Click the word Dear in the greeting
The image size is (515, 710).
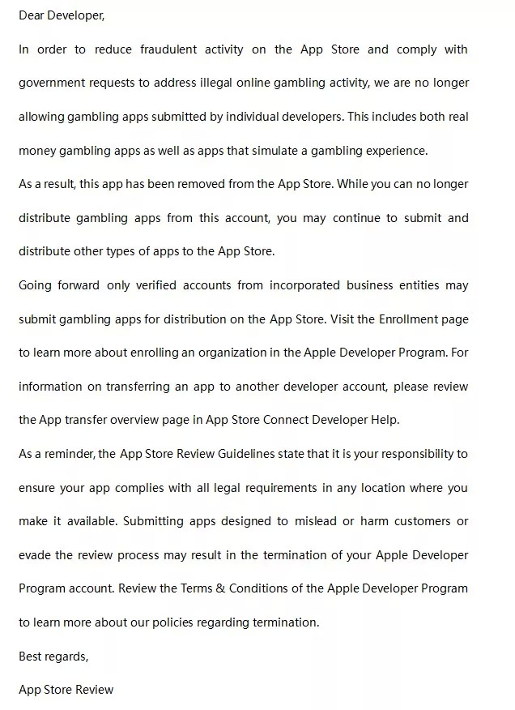32,15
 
